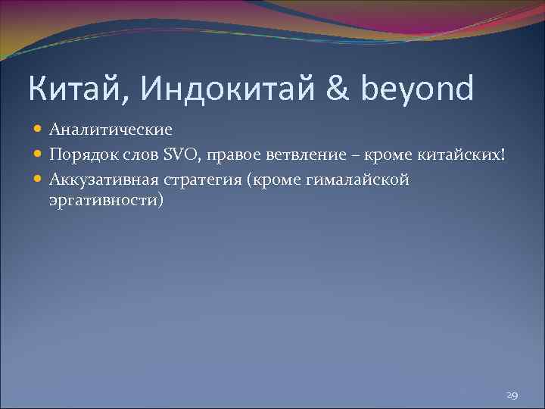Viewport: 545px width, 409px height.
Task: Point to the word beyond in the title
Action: click(x=418, y=90)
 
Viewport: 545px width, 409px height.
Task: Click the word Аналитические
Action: click(x=111, y=130)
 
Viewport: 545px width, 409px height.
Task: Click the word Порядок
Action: click(x=81, y=155)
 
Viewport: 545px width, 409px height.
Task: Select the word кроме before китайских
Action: click(x=388, y=155)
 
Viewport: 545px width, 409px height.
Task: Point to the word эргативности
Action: click(x=106, y=202)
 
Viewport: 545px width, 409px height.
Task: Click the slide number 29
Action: click(x=512, y=395)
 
